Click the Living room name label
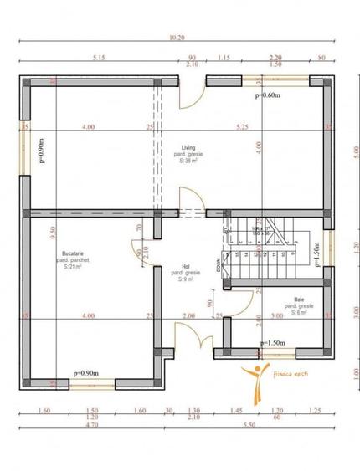coord(185,149)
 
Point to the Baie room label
coord(298,299)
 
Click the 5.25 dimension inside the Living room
coord(242,127)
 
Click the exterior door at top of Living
coord(191,95)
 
